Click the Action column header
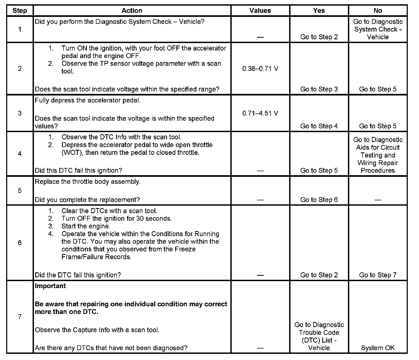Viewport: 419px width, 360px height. (x=132, y=11)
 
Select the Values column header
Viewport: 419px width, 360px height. (x=260, y=11)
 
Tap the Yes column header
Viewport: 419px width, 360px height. (x=319, y=11)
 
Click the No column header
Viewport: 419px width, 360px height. (x=378, y=11)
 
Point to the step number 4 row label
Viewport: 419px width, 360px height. (x=20, y=154)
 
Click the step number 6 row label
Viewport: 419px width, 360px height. (x=20, y=243)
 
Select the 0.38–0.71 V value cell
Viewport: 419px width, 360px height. (x=260, y=69)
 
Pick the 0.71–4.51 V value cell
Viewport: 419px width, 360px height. (x=260, y=113)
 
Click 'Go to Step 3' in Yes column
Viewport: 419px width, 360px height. (x=319, y=89)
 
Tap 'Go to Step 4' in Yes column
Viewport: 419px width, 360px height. (x=319, y=126)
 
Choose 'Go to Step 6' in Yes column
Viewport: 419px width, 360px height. (x=319, y=200)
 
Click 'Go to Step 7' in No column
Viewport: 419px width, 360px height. (x=378, y=275)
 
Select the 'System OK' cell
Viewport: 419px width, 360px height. (x=378, y=348)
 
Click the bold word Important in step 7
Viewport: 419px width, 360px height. (x=50, y=286)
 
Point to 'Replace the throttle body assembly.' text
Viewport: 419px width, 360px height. (x=88, y=182)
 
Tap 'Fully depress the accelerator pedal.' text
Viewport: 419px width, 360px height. (x=87, y=101)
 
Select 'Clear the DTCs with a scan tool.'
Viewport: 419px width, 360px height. (x=109, y=211)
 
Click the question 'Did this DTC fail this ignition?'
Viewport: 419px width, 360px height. (x=79, y=171)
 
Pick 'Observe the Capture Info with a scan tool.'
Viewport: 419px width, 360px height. (x=97, y=330)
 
